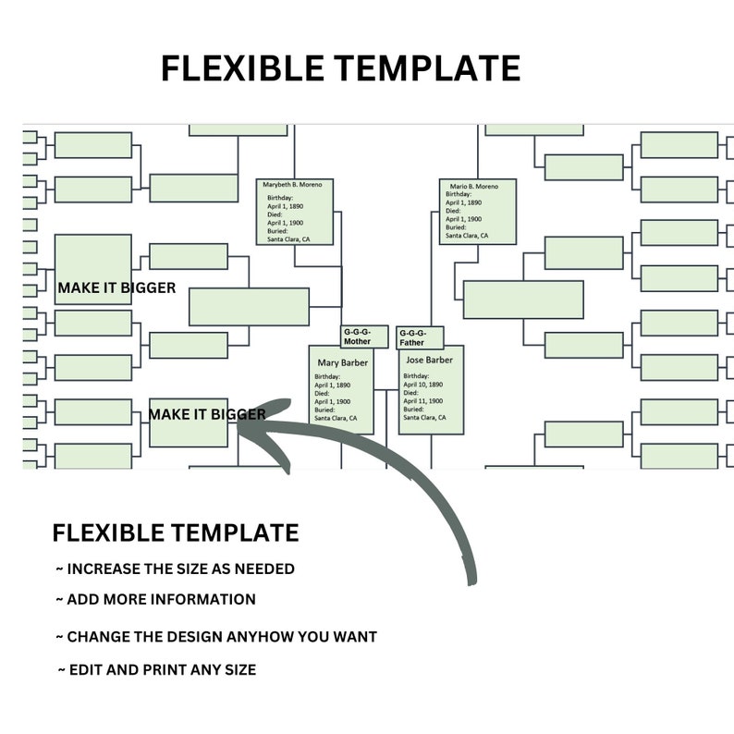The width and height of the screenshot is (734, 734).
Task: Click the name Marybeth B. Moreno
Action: [293, 185]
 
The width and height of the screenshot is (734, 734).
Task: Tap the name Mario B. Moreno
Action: [474, 187]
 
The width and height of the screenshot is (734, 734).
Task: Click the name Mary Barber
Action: [343, 362]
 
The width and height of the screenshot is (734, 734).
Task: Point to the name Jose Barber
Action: [430, 360]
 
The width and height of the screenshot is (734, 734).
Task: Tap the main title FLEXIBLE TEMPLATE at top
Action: [340, 68]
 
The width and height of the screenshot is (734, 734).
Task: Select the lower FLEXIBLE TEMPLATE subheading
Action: [176, 533]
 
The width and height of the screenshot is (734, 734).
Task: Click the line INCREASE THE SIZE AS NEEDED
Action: [175, 569]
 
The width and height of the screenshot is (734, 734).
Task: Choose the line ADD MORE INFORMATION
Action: [155, 599]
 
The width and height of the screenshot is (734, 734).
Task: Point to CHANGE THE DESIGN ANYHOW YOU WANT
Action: [216, 637]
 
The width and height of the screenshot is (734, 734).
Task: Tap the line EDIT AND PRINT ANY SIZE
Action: [156, 669]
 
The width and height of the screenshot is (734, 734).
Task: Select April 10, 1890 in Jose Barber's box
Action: [424, 385]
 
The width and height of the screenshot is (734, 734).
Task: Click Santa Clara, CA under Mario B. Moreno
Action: [468, 236]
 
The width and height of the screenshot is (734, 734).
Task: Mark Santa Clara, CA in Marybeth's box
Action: [288, 239]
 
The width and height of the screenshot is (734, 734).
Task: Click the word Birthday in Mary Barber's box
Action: [328, 377]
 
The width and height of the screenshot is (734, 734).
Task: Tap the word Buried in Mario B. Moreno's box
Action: [456, 227]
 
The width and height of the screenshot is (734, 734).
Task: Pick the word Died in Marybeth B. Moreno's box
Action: [275, 214]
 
